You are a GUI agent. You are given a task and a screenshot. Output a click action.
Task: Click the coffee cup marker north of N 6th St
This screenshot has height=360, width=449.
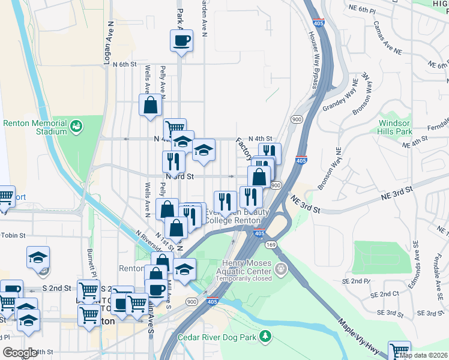[x=181, y=41]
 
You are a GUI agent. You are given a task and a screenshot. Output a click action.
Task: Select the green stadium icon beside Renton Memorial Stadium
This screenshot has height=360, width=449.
[x=76, y=126]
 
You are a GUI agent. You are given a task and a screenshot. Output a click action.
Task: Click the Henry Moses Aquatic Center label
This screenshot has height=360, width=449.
[x=247, y=267]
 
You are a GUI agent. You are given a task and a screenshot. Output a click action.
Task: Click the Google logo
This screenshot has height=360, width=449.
[x=20, y=353]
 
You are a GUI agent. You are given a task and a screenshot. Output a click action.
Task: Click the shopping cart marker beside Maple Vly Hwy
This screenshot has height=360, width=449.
[x=399, y=351]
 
